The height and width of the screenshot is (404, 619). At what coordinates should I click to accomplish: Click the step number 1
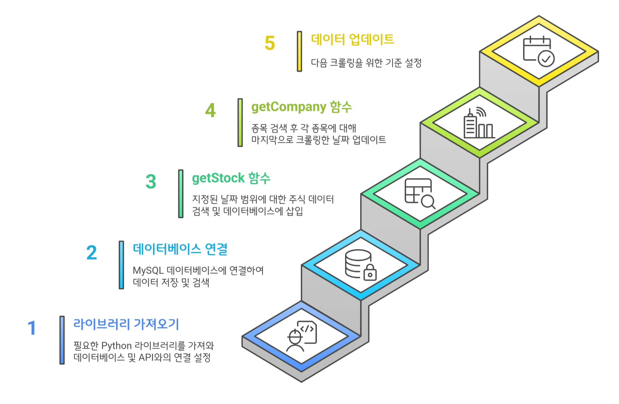(x=32, y=328)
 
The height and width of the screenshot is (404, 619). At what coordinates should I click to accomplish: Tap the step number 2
(x=92, y=253)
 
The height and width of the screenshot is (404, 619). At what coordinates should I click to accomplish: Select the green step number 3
(x=151, y=182)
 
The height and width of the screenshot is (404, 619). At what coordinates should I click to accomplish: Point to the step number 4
(x=210, y=110)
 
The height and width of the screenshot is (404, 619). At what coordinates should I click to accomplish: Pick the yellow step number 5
(x=270, y=43)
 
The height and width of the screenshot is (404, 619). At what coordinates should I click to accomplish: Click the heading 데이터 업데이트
(x=352, y=40)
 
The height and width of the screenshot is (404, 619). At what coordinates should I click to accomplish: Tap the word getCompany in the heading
(x=288, y=107)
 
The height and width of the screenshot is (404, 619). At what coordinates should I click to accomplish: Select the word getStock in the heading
(x=218, y=178)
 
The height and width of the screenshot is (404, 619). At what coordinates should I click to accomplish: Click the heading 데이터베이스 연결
(x=180, y=249)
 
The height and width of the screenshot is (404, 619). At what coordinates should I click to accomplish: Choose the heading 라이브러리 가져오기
(x=126, y=324)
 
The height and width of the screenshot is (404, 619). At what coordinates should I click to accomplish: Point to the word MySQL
(x=148, y=271)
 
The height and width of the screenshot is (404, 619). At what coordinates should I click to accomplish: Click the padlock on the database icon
(x=370, y=273)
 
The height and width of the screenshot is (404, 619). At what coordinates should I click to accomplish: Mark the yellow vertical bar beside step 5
(x=299, y=51)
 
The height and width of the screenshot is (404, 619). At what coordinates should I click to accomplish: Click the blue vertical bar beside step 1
(x=62, y=340)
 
